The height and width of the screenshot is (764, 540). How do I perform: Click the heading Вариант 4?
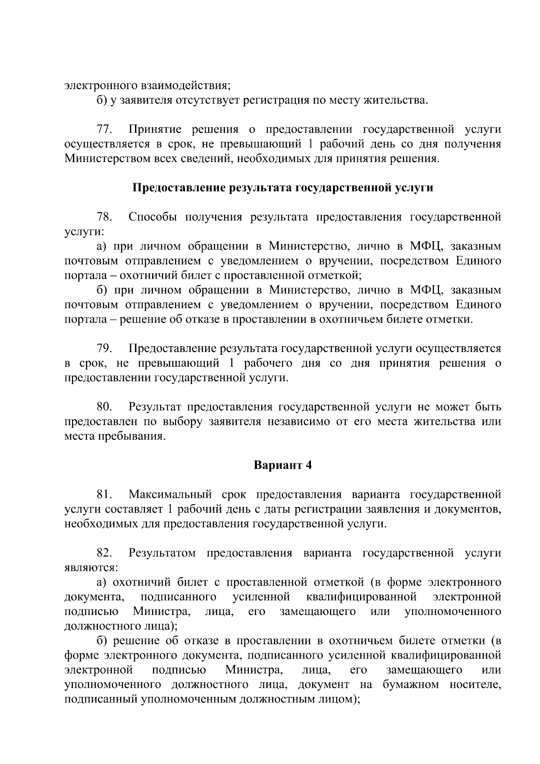(283, 465)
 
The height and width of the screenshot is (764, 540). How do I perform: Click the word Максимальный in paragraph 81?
(170, 495)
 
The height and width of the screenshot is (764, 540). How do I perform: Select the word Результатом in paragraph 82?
(162, 553)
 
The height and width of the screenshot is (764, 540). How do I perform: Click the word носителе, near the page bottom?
(475, 684)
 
